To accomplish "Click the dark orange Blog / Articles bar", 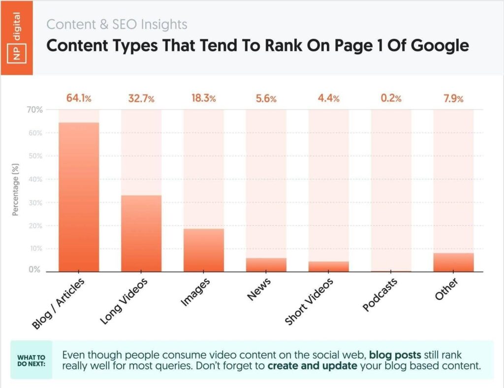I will point(79,197).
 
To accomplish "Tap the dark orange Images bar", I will point(204,250).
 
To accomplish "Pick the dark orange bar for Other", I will point(453,262).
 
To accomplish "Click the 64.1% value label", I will point(79,98).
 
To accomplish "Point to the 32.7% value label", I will point(141,98).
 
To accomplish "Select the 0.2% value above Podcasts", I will point(391,98).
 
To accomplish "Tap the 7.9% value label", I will point(453,98).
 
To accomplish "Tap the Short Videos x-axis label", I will point(309,302).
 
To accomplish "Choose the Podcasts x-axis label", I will point(380,294).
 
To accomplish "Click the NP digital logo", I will point(16,37).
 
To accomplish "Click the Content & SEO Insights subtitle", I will point(117,24).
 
